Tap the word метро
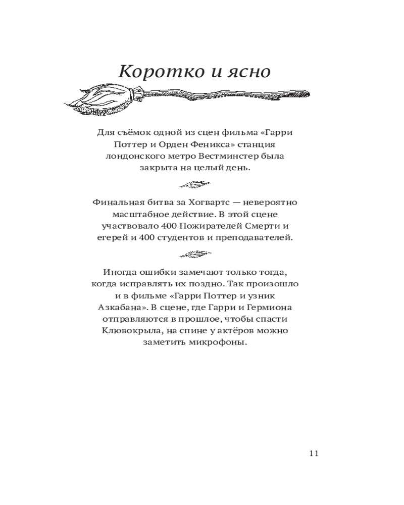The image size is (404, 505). (x=189, y=156)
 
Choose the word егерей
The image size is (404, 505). (x=110, y=238)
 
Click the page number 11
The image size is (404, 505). (x=313, y=453)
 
